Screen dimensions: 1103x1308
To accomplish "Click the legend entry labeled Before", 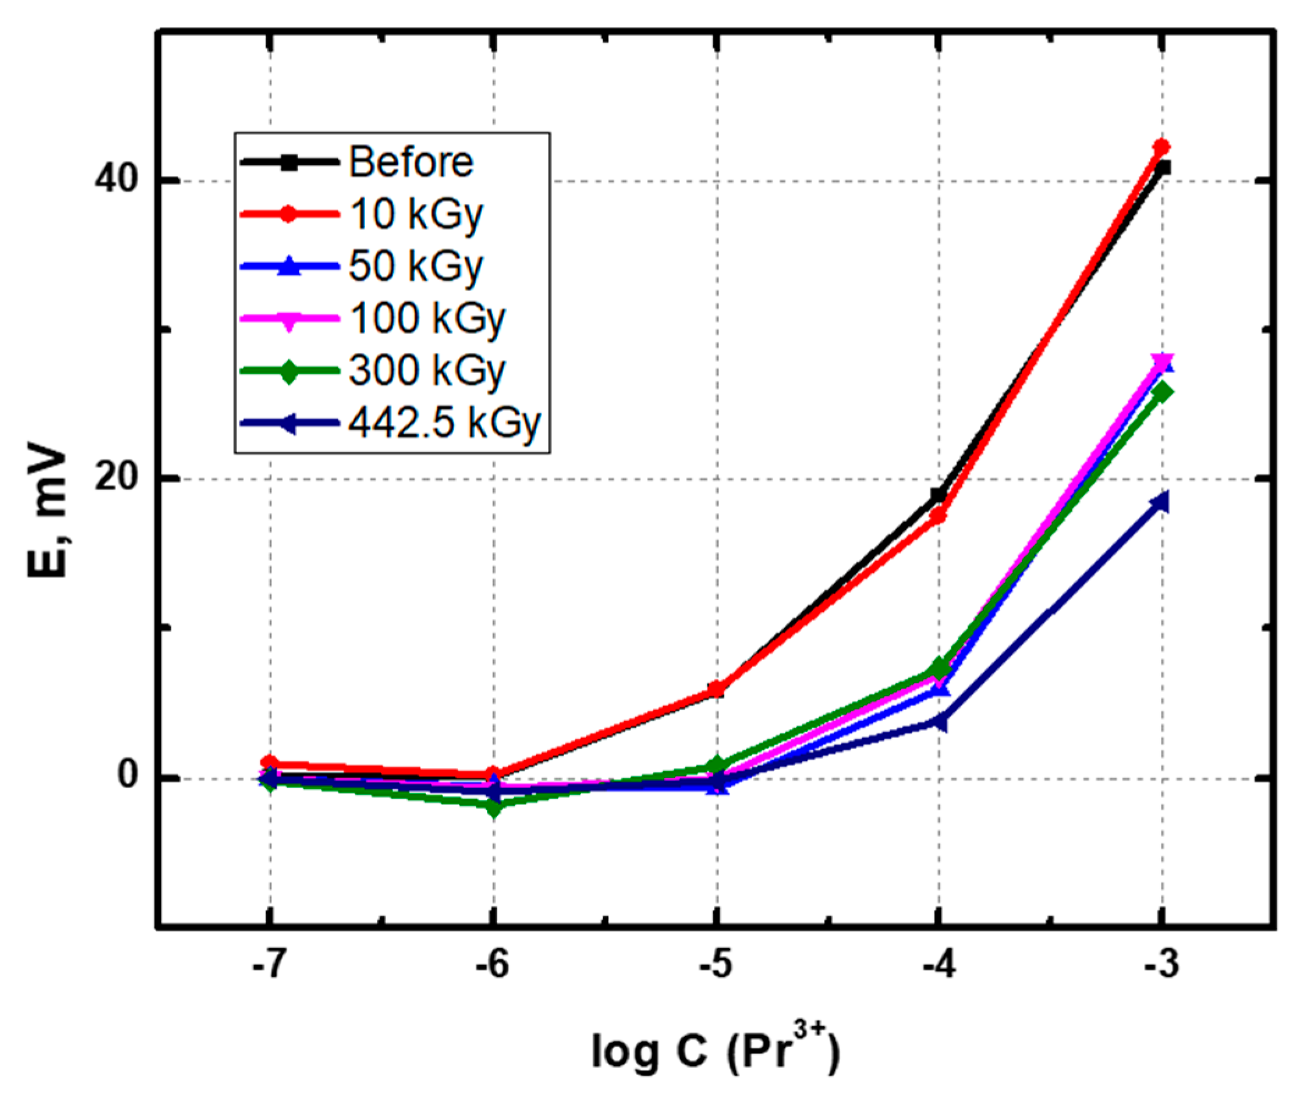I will pos(410,162).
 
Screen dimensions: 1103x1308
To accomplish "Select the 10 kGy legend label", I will pos(416,214).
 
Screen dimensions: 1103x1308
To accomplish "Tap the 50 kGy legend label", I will pos(416,267).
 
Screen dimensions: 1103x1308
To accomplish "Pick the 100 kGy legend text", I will pos(427,319).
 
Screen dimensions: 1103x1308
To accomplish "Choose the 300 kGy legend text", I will pos(427,371).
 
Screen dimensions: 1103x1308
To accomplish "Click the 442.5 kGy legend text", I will pos(444,424).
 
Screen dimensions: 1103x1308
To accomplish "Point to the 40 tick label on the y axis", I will pos(116,181).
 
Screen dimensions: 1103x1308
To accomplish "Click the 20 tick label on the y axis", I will pos(116,479).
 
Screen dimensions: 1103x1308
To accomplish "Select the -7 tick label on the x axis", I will pos(269,966).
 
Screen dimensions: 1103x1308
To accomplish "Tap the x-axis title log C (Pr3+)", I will pos(715,1052).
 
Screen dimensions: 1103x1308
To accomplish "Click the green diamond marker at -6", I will pos(494,807).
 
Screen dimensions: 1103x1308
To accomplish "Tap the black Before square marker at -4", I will pos(939,495).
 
